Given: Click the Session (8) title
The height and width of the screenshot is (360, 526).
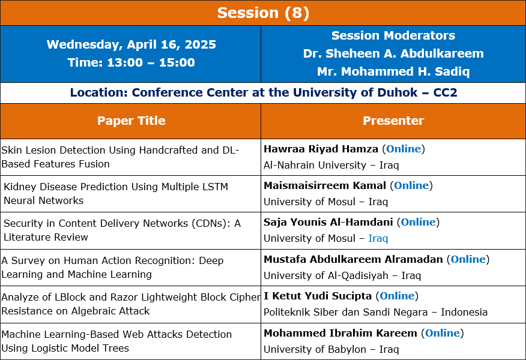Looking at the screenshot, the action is pos(263,13).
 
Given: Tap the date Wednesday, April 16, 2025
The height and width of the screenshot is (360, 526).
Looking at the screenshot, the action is pos(131,44).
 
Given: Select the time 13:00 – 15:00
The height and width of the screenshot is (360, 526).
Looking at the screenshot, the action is pos(151,62).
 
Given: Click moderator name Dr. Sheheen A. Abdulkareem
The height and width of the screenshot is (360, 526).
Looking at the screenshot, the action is pos(393,53).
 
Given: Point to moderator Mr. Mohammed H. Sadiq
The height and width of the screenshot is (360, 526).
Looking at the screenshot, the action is pos(393,71).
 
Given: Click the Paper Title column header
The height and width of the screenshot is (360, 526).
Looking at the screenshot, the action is pos(131,121).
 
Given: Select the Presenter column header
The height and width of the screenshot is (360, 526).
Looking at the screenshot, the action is pos(393,121).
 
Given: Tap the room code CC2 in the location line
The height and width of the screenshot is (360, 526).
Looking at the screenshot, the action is pos(445,92).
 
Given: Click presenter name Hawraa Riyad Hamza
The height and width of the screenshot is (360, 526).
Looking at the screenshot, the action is pos(321,149).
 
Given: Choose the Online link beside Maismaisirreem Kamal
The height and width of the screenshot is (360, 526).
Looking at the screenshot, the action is pos(411,185).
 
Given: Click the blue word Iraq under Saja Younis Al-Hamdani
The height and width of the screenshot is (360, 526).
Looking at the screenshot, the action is pos(378,238).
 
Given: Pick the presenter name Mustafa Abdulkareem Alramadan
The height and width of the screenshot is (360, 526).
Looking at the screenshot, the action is pos(353,259).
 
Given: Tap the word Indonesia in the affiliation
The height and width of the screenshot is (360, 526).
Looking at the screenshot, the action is pos(464,312).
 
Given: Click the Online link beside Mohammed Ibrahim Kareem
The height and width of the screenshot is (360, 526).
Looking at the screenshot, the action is pos(443,333).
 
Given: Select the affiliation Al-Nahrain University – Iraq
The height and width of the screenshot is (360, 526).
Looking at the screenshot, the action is pos(331,165).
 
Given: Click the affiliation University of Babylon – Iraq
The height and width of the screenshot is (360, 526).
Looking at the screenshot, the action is pos(331,349).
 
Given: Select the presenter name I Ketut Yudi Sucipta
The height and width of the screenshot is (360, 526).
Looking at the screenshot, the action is pos(318,296).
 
